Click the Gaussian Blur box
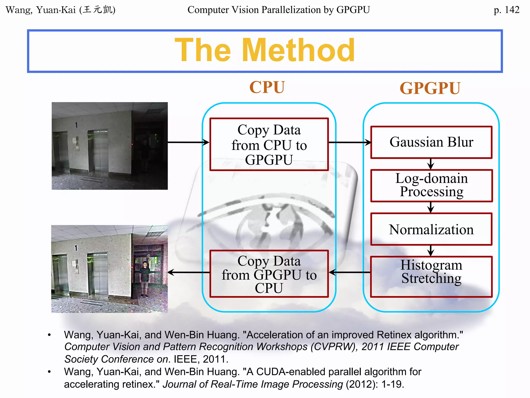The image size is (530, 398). tap(431, 142)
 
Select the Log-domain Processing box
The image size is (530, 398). tap(431, 186)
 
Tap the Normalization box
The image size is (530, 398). tap(431, 229)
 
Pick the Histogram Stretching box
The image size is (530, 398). tap(431, 276)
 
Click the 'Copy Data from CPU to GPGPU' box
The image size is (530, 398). tap(269, 145)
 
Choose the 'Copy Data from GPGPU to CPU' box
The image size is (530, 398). tap(269, 274)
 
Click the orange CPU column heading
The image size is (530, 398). tap(267, 87)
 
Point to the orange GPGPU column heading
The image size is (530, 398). tap(430, 88)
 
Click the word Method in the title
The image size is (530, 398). tap(298, 50)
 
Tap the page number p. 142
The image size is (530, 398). tap(506, 10)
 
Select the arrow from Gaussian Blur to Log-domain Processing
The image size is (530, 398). tap(431, 164)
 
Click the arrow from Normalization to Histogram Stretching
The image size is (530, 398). tap(431, 251)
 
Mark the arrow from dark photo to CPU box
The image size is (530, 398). tap(188, 142)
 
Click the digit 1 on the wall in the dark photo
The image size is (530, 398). tap(76, 125)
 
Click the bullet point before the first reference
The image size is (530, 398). tap(49, 335)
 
